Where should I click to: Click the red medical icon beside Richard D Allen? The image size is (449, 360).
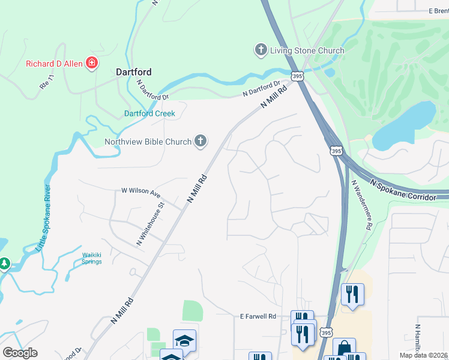click(92, 62)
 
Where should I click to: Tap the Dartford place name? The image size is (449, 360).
click(133, 72)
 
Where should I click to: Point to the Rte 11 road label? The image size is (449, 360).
click(47, 82)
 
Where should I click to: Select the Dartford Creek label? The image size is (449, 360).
click(149, 113)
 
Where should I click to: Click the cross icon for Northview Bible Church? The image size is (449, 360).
click(200, 142)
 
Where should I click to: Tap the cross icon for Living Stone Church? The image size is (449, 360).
click(261, 50)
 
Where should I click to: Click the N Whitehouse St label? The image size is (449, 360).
click(150, 224)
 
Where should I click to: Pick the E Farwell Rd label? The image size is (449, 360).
click(258, 316)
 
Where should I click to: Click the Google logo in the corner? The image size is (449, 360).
click(19, 353)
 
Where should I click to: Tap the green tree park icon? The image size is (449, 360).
click(4, 263)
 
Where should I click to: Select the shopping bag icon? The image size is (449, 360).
click(345, 349)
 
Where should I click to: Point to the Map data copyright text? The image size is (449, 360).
click(423, 355)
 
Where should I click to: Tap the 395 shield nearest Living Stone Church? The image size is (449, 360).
click(297, 76)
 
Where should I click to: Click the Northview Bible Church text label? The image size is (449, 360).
click(148, 142)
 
